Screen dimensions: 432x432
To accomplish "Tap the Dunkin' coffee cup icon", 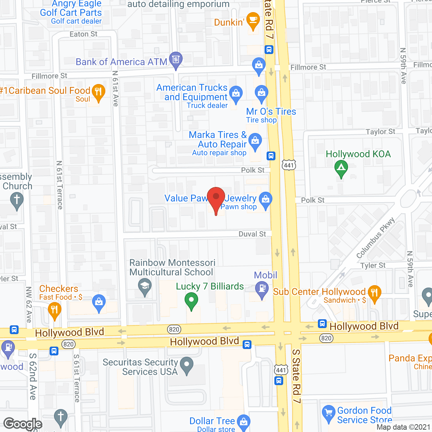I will [x=253, y=20].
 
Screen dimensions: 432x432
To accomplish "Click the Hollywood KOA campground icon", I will [x=341, y=168].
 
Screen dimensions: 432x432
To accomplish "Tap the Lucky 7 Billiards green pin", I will [x=191, y=300].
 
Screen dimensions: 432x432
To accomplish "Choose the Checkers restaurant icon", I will [x=54, y=309].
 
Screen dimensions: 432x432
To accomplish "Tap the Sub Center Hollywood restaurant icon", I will [x=374, y=293].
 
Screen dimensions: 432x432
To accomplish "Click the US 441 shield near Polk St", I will [x=289, y=165].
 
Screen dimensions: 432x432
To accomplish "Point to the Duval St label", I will [x=252, y=234].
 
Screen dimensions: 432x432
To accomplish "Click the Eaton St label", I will [x=83, y=34].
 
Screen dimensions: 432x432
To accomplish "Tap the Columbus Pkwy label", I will [x=375, y=238].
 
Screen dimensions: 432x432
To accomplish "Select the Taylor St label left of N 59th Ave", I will [x=380, y=132].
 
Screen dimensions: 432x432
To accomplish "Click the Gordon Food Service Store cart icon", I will [x=328, y=413].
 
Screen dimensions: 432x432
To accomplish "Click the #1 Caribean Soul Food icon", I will [x=98, y=92].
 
